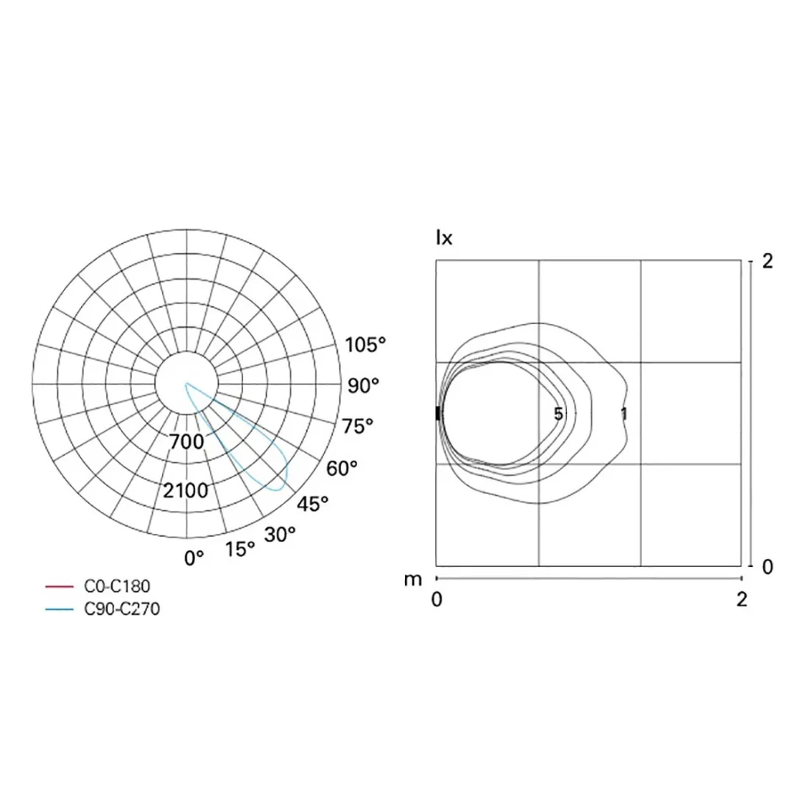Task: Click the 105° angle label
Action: pos(366,345)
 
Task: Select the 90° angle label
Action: pos(363,384)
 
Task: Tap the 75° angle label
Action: pos(357,426)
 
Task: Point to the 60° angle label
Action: pos(342,468)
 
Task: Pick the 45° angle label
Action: pos(313,504)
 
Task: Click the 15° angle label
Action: pos(240,549)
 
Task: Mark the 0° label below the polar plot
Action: pos(194,558)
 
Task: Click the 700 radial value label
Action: pos(186,443)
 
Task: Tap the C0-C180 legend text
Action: pos(118,587)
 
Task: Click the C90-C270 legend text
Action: pos(122,609)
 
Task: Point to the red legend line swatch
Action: pos(60,587)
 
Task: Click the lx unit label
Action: pos(444,239)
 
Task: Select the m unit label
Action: pos(413,580)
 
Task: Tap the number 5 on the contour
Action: pos(558,414)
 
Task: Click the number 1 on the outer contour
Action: pos(624,414)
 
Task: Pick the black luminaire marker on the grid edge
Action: pos(438,413)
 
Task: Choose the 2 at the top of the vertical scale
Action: pos(767,261)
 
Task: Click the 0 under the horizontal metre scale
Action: pos(437,599)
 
